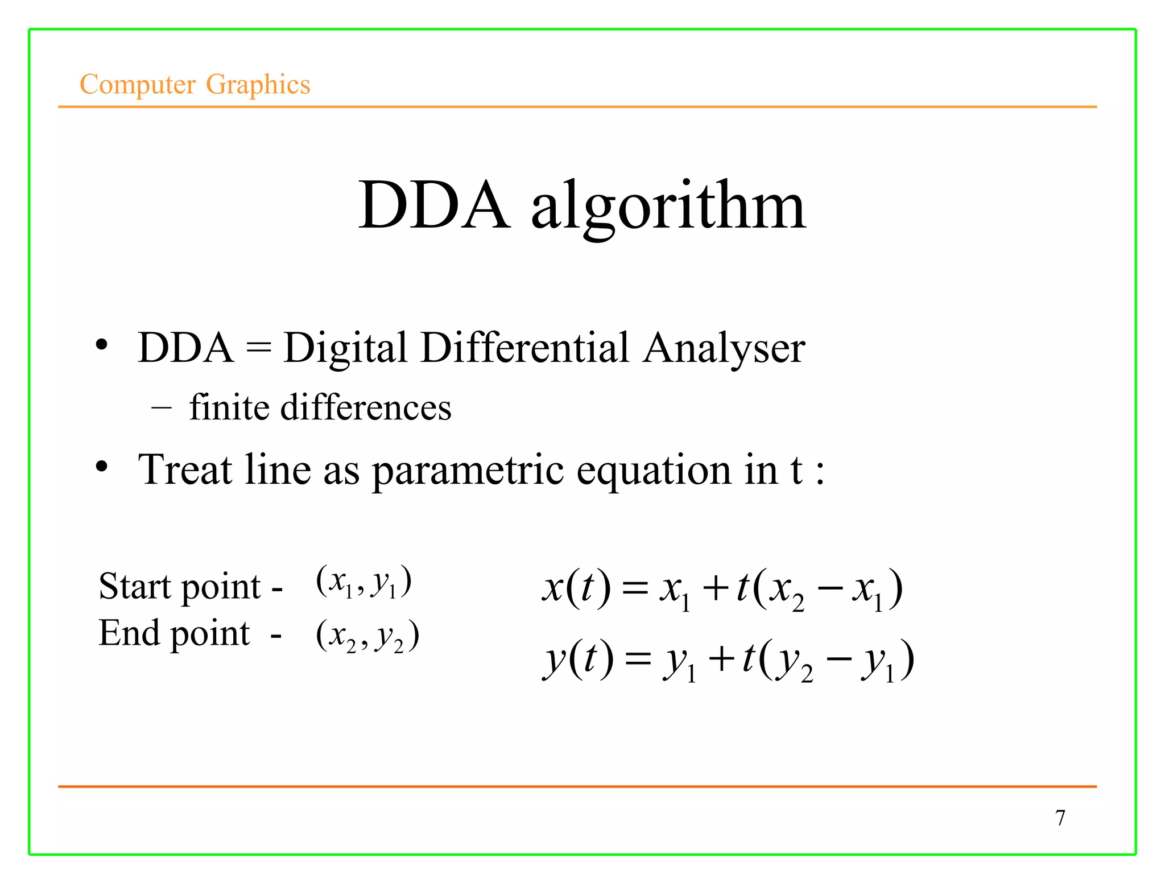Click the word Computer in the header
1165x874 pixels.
tap(138, 85)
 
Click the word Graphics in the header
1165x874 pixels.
tap(258, 85)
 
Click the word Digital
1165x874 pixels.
tap(345, 348)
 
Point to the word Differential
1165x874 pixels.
tap(525, 348)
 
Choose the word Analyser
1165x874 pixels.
tap(724, 348)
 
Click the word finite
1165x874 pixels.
tap(229, 407)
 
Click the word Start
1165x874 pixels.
tap(134, 586)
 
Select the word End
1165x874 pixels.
tap(129, 633)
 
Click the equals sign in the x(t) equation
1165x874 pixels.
tap(635, 589)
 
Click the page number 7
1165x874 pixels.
tap(1060, 818)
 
